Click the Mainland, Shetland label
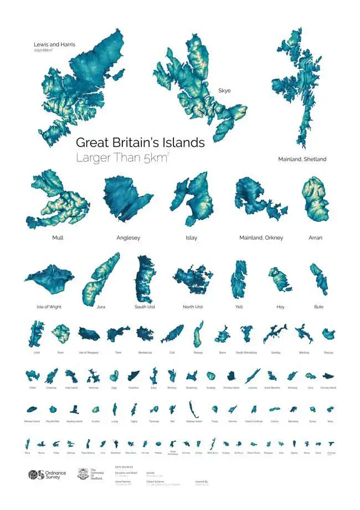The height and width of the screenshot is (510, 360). [302, 159]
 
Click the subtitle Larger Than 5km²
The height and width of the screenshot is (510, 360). [122, 158]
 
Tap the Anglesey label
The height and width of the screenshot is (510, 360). [128, 238]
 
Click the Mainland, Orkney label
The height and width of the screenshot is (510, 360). [261, 238]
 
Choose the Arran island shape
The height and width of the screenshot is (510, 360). [315, 200]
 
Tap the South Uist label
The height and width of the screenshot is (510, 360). [145, 307]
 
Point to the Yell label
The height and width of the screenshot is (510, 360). [239, 307]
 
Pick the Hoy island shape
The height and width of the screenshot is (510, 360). [278, 278]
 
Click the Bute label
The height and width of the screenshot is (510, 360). [318, 307]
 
